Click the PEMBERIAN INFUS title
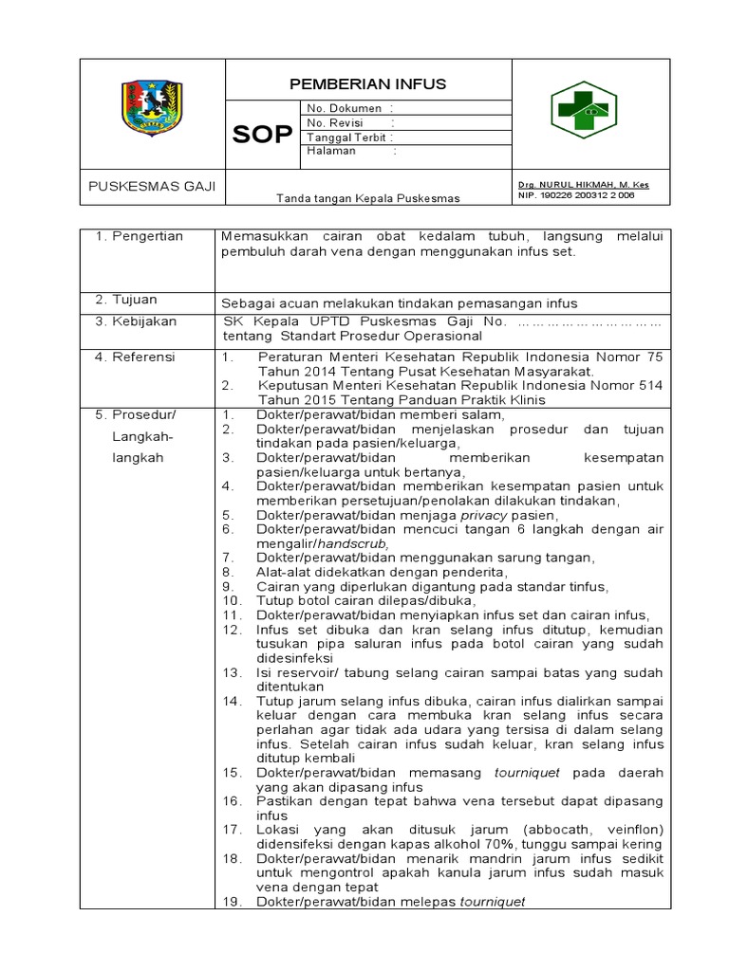click(367, 84)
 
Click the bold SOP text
click(263, 135)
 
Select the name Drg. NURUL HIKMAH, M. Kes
click(583, 184)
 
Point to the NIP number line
click(576, 195)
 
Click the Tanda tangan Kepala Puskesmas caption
click(367, 198)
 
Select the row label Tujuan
click(135, 300)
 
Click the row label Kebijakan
click(143, 321)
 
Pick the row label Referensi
click(143, 357)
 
